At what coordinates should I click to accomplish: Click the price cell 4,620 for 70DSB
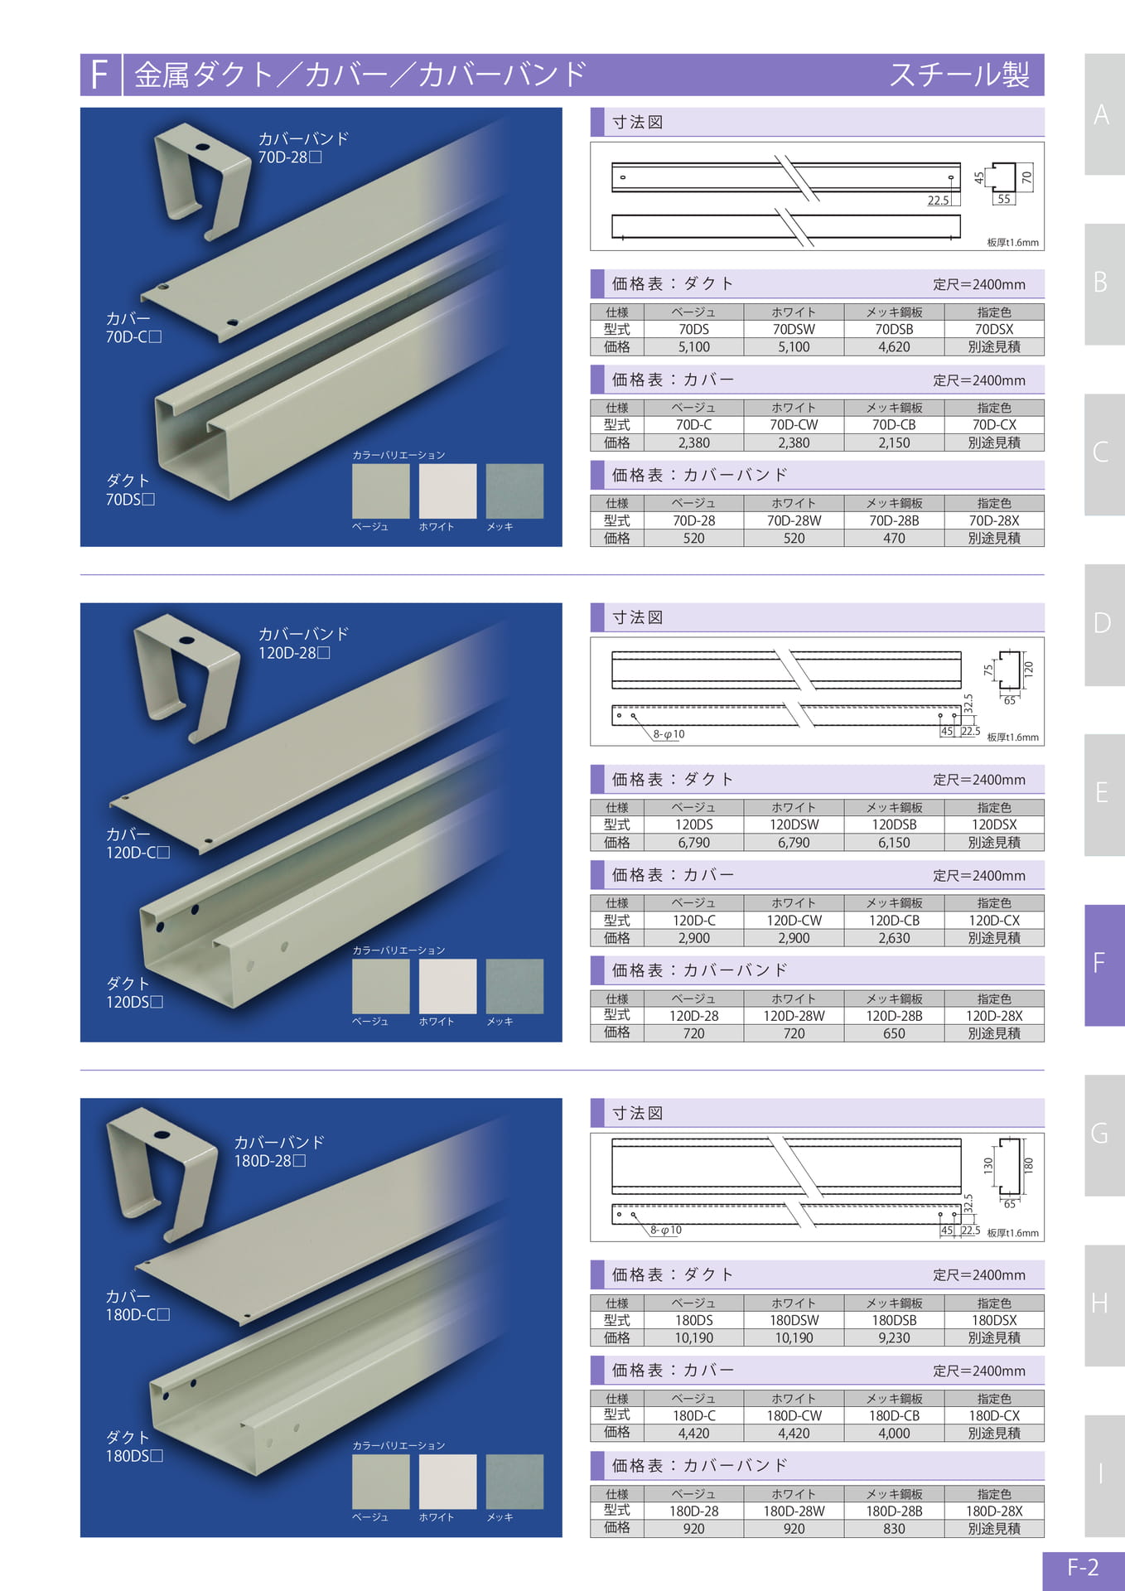click(x=894, y=347)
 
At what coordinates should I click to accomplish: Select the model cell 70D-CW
click(x=794, y=425)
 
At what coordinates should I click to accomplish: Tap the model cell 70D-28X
click(x=994, y=520)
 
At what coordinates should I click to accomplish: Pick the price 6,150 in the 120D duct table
click(x=894, y=843)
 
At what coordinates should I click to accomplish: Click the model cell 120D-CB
click(x=894, y=921)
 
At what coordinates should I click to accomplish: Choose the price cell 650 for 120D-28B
click(x=894, y=1033)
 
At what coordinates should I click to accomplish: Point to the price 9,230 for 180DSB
click(x=894, y=1337)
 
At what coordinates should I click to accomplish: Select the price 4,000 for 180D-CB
click(x=894, y=1433)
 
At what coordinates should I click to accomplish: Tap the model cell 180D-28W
click(x=794, y=1511)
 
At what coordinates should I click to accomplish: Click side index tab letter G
click(x=1099, y=1134)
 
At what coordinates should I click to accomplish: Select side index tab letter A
click(x=1101, y=114)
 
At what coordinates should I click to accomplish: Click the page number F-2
click(x=1083, y=1568)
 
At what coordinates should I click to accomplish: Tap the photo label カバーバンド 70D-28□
click(x=303, y=147)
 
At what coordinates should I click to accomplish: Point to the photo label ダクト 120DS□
click(x=134, y=993)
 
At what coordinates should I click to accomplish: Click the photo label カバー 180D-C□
click(x=138, y=1305)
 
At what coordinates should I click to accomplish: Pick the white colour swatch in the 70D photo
click(x=447, y=491)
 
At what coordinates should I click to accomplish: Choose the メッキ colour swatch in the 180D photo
click(x=514, y=1482)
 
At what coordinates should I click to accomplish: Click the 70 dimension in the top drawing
click(x=1027, y=177)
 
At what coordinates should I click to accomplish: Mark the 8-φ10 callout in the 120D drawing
click(x=669, y=734)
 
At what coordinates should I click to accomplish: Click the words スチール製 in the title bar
click(x=959, y=75)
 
